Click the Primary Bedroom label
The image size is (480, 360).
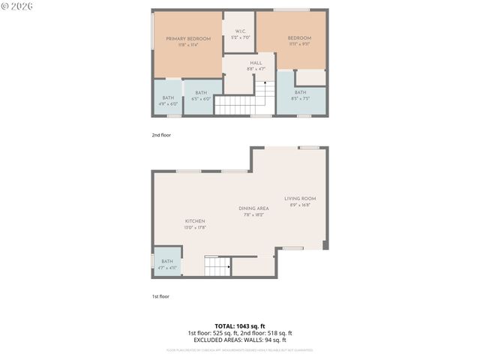tap(187, 38)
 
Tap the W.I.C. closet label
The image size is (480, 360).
tap(239, 31)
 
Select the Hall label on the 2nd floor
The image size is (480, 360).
tap(256, 62)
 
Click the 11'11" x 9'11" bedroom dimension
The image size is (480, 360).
tap(299, 45)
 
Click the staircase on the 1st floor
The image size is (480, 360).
tap(218, 266)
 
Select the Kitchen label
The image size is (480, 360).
tap(195, 221)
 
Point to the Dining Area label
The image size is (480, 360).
tap(253, 208)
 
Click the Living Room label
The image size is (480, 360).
tap(299, 198)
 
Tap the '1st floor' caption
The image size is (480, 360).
tap(160, 296)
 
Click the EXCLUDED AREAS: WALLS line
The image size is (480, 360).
tap(239, 340)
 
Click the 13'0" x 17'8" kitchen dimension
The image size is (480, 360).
tap(195, 228)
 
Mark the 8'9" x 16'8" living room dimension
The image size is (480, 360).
tap(299, 205)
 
